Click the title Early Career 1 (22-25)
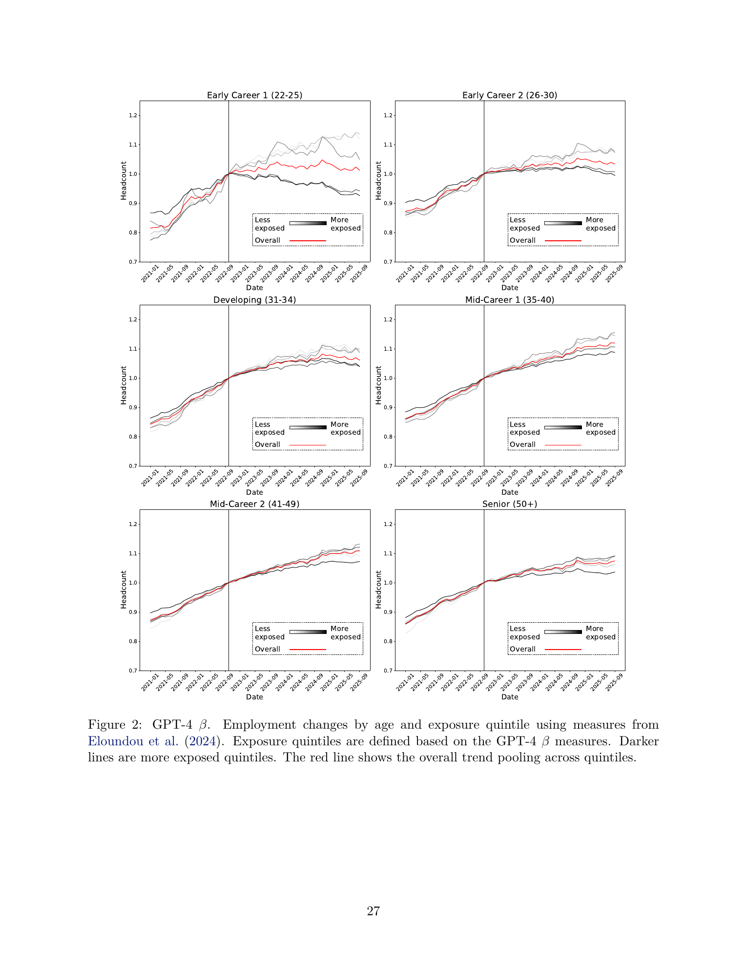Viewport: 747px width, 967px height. [x=254, y=95]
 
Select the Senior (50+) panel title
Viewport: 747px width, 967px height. [x=510, y=504]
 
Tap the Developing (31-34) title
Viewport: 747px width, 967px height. [x=254, y=300]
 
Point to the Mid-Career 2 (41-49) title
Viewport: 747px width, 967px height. [x=254, y=504]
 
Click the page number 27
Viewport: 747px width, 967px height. [x=373, y=911]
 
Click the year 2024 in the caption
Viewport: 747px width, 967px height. [x=202, y=741]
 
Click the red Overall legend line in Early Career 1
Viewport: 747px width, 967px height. [x=308, y=241]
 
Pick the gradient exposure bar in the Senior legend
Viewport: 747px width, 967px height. [x=563, y=632]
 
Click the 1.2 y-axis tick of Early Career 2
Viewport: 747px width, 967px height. [x=388, y=116]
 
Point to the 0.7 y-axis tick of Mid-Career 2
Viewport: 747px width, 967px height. [x=133, y=671]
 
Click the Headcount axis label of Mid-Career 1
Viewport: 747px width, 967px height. [x=378, y=385]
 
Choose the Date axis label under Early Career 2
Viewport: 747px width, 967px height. [x=510, y=288]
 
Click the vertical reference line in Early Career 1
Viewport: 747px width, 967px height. [x=228, y=181]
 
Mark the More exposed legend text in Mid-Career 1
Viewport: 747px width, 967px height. [x=601, y=428]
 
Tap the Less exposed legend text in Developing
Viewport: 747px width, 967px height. [x=270, y=428]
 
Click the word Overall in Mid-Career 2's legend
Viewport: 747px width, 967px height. [x=268, y=649]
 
